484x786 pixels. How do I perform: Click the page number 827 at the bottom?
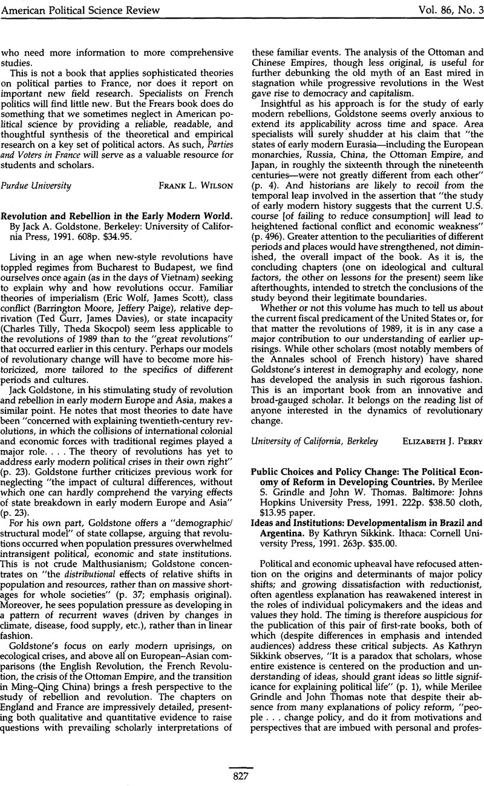(x=242, y=776)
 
